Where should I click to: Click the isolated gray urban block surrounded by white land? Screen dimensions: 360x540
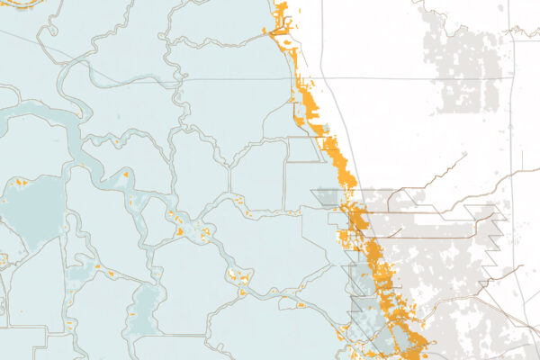[x=468, y=67]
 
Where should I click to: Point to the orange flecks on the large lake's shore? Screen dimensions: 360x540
[x=19, y=184]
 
